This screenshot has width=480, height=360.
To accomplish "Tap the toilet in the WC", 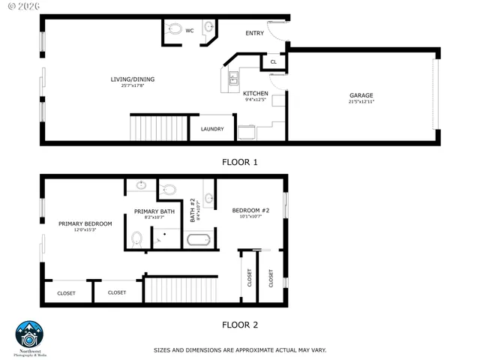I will click(175, 31).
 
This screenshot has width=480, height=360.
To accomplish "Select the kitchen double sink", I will click(232, 78).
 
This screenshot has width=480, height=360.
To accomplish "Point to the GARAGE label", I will click(361, 95).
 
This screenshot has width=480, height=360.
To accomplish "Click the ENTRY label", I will click(255, 33).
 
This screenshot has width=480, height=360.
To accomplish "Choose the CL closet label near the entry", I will click(273, 63).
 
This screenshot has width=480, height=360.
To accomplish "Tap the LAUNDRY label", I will click(212, 129).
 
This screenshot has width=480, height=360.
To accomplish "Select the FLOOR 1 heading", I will click(240, 161).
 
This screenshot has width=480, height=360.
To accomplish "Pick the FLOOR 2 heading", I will click(240, 325).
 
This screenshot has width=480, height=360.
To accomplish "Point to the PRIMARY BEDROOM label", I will click(85, 223).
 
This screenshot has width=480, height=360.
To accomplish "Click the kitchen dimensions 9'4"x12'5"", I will click(256, 100).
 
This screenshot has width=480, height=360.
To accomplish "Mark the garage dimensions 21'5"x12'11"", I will click(361, 102).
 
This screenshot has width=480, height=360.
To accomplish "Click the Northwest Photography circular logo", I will click(31, 334).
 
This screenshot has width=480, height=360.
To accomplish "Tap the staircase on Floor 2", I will click(180, 288).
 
